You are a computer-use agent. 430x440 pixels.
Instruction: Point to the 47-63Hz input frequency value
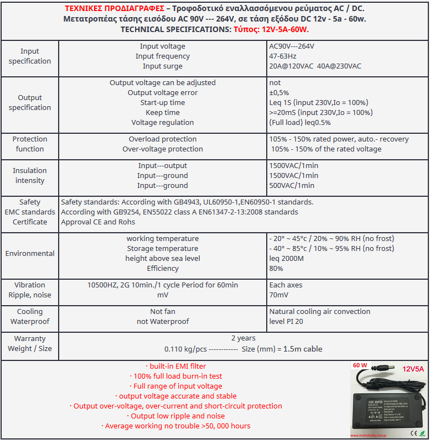(x=282, y=56)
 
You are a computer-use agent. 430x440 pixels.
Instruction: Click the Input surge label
(x=162, y=66)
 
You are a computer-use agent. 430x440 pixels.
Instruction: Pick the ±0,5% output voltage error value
(x=279, y=93)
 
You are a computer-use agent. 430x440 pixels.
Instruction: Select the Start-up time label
(x=162, y=103)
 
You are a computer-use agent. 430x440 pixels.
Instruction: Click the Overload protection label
(x=162, y=139)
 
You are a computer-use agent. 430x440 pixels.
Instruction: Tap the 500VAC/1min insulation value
(x=291, y=186)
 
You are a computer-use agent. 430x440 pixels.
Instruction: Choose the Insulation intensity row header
(x=29, y=176)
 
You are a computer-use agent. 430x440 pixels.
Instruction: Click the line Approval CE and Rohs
(x=98, y=222)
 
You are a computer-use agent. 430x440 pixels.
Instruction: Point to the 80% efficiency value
(x=276, y=269)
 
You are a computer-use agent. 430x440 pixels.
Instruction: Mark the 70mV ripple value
(x=278, y=295)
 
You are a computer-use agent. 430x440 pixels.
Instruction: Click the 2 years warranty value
(x=243, y=338)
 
